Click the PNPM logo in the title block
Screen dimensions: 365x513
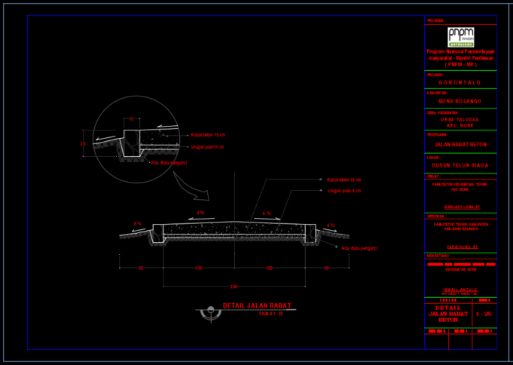click(x=460, y=36)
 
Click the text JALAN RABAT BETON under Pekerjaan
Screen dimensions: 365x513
click(x=460, y=144)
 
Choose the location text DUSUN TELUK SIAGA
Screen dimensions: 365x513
click(x=460, y=164)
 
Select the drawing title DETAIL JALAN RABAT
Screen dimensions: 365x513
click(x=257, y=306)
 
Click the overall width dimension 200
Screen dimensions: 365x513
click(x=234, y=287)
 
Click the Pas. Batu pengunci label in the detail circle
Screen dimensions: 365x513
click(x=169, y=162)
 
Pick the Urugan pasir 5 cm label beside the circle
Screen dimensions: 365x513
click(x=207, y=147)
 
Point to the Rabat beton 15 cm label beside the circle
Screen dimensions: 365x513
click(x=208, y=135)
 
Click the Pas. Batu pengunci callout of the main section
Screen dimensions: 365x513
click(x=359, y=248)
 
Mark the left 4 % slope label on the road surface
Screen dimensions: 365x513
click(x=200, y=213)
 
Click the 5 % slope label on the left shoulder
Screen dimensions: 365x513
click(x=138, y=224)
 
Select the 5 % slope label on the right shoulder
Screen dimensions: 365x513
click(x=331, y=225)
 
